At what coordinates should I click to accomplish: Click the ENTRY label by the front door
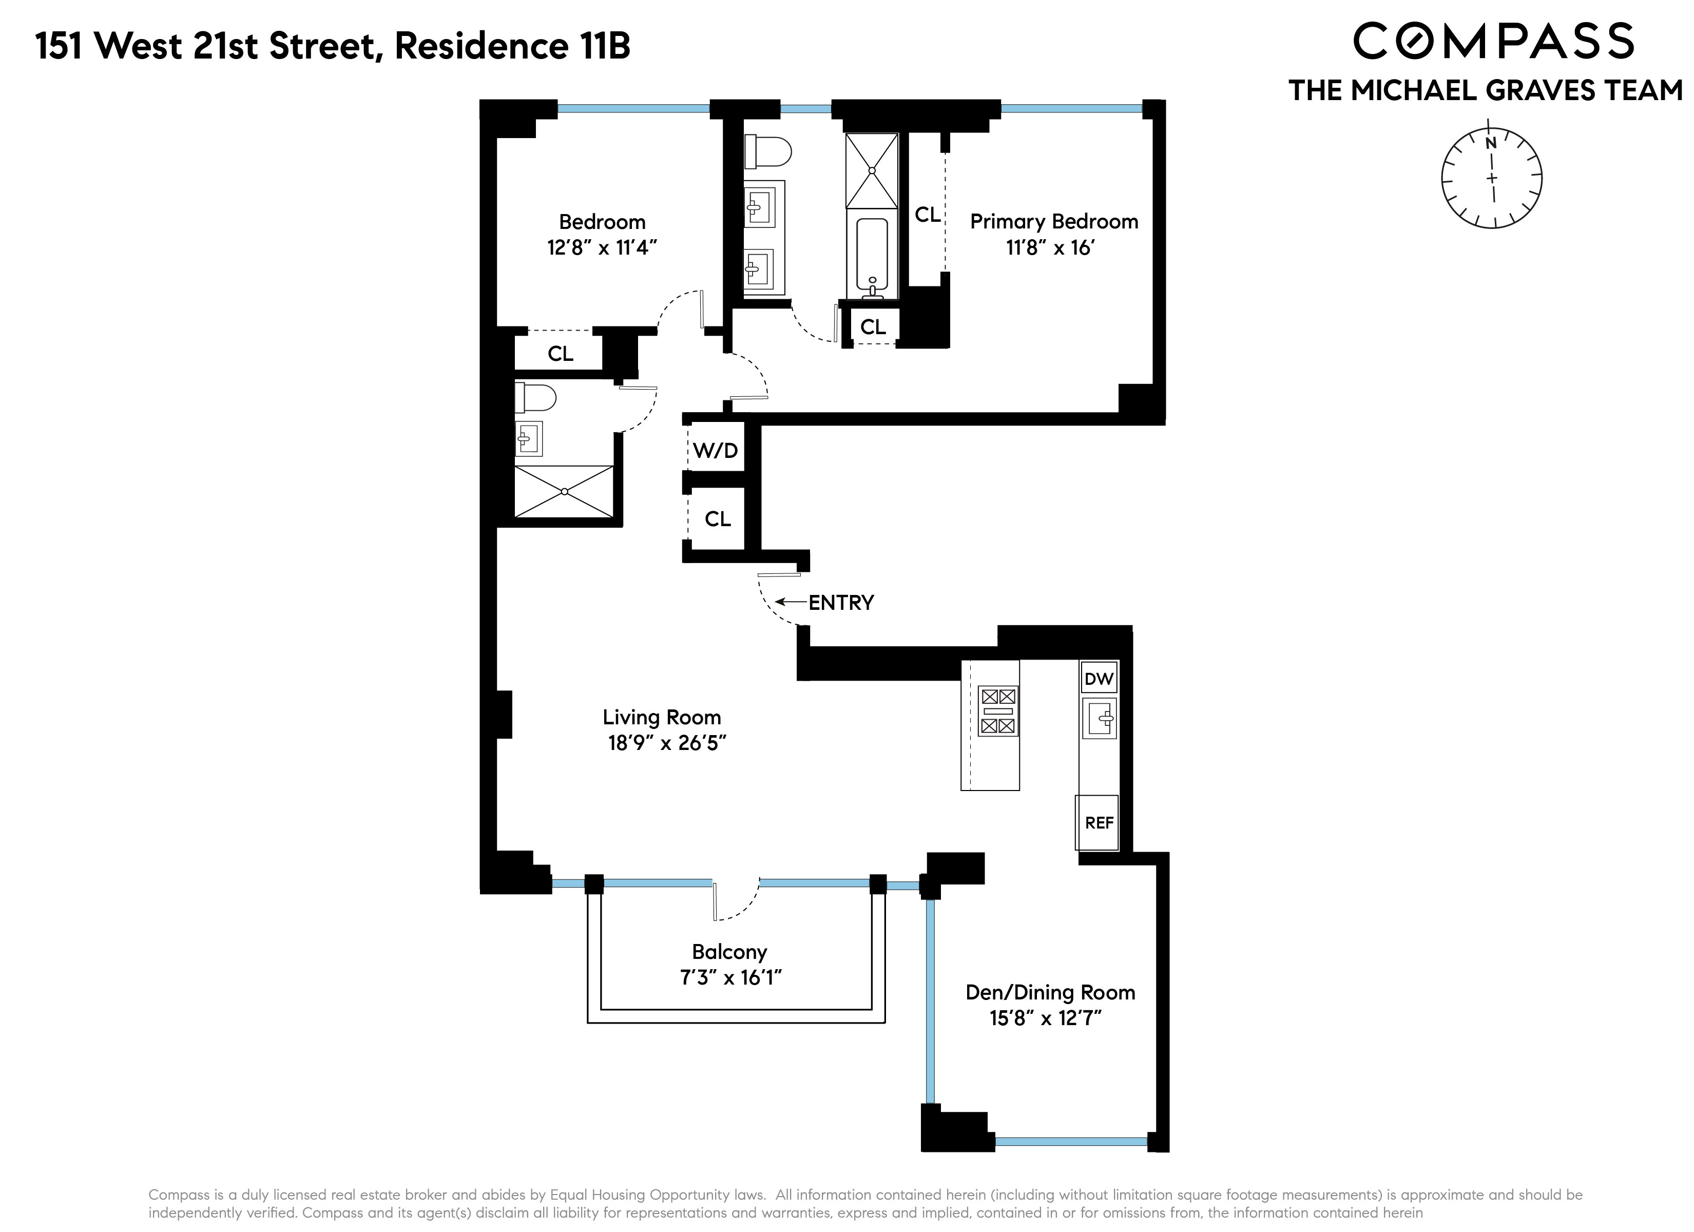tap(840, 602)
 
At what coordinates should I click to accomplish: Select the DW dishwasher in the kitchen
tap(1098, 679)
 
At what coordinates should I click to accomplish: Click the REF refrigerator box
tap(1098, 822)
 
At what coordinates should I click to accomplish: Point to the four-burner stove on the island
tap(998, 710)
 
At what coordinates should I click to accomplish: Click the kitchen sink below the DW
tap(1099, 719)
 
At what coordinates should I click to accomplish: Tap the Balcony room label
tap(729, 952)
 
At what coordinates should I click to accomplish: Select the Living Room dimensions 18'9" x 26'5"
tap(666, 743)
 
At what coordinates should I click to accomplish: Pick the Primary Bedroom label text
tap(1053, 222)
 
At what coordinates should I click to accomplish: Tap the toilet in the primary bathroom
tap(767, 151)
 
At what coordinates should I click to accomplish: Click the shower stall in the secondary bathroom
tap(564, 491)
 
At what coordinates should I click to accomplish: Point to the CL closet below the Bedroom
tap(560, 353)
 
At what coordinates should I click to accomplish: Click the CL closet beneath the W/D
tap(717, 518)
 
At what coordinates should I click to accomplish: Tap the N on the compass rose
tap(1490, 143)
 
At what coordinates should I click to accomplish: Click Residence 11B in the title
tap(512, 46)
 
